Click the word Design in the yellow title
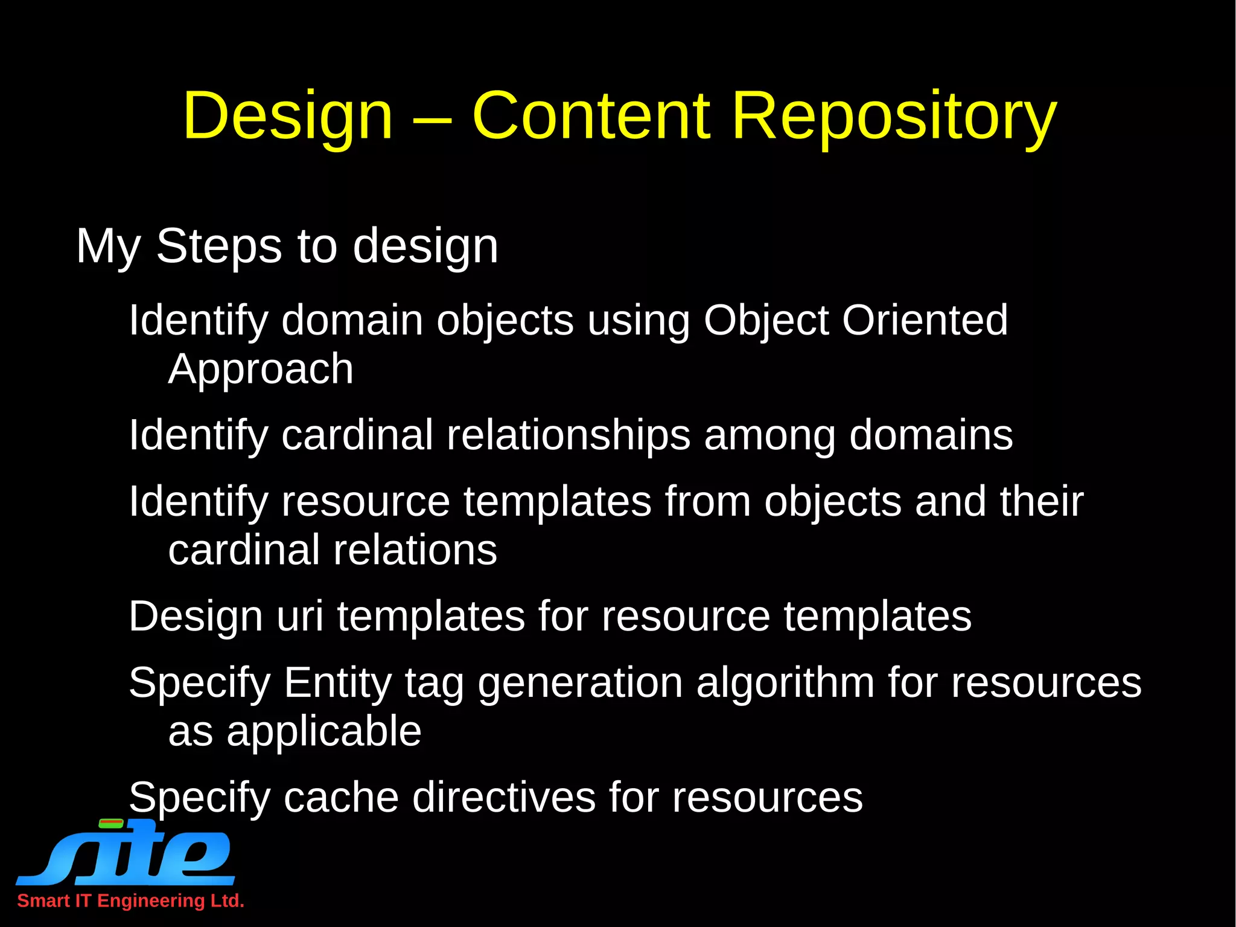288,117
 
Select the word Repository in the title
894,117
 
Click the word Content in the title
591,115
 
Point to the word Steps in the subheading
218,246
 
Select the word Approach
261,370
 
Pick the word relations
415,550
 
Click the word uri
299,617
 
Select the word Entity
337,683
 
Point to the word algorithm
785,683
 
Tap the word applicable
323,732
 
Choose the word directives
504,798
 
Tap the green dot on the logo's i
111,823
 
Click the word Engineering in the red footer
151,901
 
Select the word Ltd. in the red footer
227,900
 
